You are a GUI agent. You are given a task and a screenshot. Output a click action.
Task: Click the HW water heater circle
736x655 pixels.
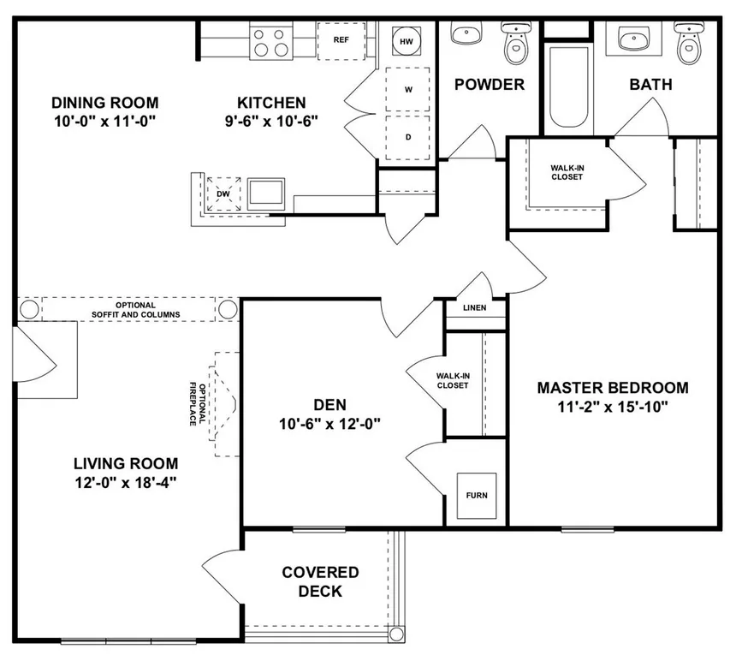407,41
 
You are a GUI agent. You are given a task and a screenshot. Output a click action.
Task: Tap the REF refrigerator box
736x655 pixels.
341,40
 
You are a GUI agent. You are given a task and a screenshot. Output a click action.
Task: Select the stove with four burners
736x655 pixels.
271,42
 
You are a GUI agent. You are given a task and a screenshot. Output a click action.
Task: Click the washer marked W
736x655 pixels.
407,89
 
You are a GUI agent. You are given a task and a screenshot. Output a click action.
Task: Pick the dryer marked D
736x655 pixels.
407,137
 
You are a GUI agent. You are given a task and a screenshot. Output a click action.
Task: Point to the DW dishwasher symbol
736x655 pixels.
223,194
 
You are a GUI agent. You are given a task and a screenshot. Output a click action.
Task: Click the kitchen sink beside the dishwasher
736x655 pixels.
265,194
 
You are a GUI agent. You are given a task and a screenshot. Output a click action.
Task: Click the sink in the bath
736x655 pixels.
632,37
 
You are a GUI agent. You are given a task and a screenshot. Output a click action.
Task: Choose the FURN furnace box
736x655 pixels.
477,496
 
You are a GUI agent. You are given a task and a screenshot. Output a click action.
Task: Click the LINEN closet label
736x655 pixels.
475,308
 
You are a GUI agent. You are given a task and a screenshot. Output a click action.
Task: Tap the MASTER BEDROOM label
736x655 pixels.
613,388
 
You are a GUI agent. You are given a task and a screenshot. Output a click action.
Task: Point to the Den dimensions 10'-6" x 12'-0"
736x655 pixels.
329,424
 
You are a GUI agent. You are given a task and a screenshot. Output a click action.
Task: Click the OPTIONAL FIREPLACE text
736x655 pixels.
197,404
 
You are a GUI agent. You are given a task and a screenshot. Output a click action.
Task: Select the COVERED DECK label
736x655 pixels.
321,581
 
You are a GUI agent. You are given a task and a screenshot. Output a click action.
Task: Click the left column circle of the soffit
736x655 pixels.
29,310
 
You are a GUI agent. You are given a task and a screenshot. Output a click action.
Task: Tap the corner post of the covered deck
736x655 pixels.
396,634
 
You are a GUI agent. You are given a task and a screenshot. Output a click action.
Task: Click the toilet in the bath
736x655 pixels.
689,42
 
